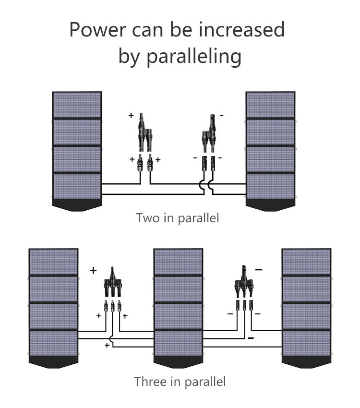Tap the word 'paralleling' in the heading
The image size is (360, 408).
(x=193, y=57)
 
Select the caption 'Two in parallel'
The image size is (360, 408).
(x=178, y=218)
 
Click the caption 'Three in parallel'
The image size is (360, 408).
(x=180, y=382)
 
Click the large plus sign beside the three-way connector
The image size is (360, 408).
(x=93, y=270)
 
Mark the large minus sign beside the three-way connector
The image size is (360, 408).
(x=259, y=270)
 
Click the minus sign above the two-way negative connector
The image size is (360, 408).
(x=221, y=116)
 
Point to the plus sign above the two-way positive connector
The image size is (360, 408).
(x=131, y=116)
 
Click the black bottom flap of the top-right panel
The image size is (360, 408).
(x=270, y=205)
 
